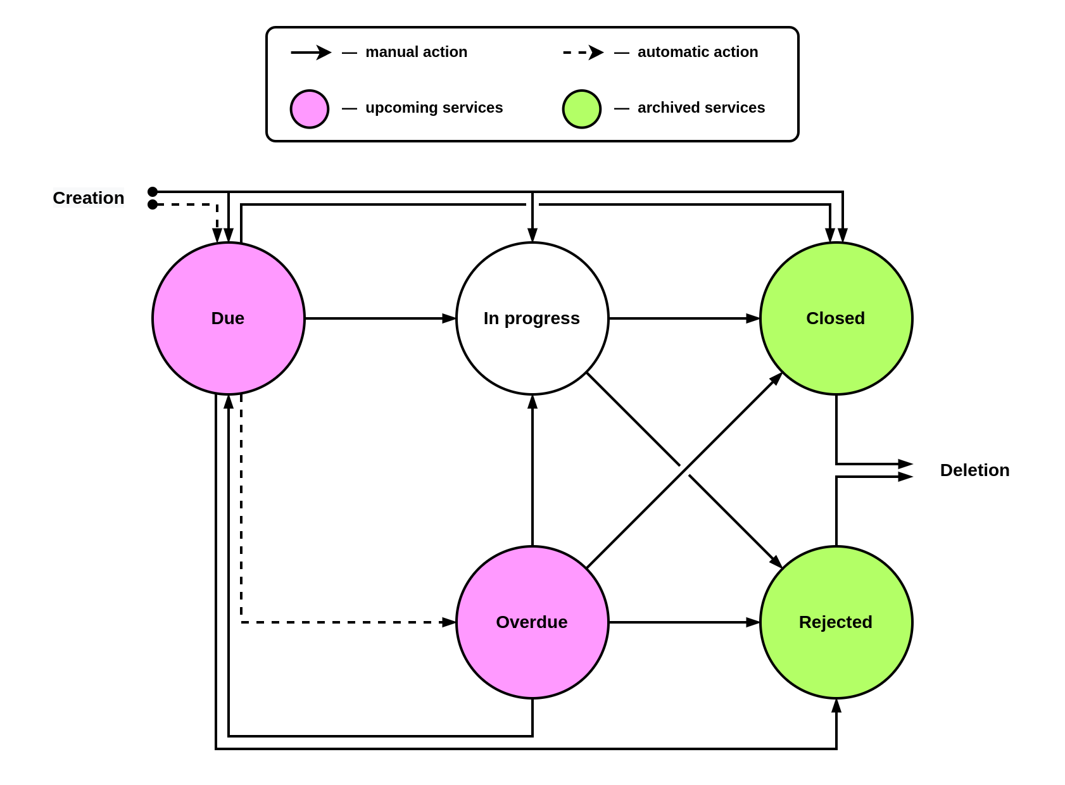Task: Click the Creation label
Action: coord(89,198)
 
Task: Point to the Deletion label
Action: coord(974,470)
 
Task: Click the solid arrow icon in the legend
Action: coord(311,53)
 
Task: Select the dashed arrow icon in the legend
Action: coord(583,53)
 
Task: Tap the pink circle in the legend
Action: coord(310,109)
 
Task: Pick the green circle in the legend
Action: coord(582,109)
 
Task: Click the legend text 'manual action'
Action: coord(416,52)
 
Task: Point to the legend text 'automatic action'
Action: coord(697,52)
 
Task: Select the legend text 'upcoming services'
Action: coord(434,108)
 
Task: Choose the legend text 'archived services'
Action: coord(701,108)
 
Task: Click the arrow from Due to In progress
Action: coord(380,318)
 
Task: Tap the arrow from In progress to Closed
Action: coord(684,318)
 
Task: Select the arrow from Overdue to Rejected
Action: coord(684,622)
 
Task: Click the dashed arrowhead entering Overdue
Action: coord(449,622)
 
